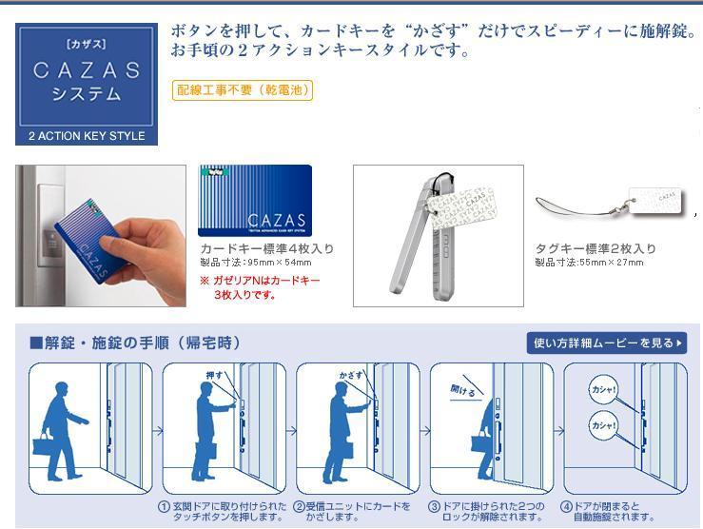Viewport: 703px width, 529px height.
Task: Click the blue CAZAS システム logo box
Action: pyautogui.click(x=87, y=76)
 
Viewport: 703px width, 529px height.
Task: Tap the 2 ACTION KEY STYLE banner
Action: pyautogui.click(x=87, y=136)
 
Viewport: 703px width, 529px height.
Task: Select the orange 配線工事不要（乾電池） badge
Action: pyautogui.click(x=243, y=90)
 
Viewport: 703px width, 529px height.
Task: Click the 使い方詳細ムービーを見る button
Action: pyautogui.click(x=606, y=343)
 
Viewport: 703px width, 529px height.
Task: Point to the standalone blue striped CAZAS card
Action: pyautogui.click(x=254, y=201)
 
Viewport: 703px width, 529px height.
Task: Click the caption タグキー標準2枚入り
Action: pyautogui.click(x=595, y=249)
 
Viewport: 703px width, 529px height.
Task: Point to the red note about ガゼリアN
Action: pyautogui.click(x=260, y=287)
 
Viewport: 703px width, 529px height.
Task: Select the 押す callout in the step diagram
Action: pyautogui.click(x=215, y=375)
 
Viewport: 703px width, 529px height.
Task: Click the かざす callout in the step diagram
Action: pyautogui.click(x=351, y=375)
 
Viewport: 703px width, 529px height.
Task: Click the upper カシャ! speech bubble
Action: pyautogui.click(x=603, y=389)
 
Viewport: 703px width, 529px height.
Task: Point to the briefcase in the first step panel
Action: pyautogui.click(x=43, y=445)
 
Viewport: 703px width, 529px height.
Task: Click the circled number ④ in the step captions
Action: pyautogui.click(x=566, y=506)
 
